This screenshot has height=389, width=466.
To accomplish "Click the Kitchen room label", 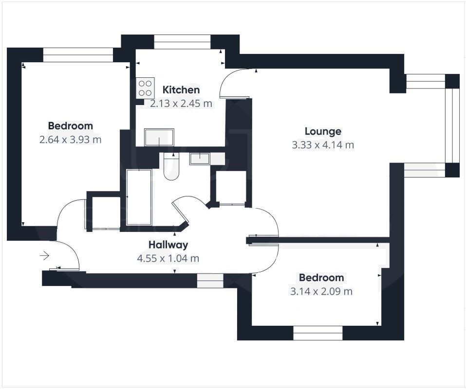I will click(x=181, y=90).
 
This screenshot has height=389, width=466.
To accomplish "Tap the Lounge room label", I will click(x=323, y=131).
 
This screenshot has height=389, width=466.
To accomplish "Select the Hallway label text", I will click(x=168, y=245).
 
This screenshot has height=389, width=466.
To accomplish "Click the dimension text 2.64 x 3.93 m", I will click(x=70, y=140).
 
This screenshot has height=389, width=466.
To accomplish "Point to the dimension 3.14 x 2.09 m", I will click(x=321, y=291).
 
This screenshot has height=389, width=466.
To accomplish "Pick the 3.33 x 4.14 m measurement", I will click(x=323, y=145).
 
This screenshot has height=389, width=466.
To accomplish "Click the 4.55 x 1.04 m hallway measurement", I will click(x=168, y=258).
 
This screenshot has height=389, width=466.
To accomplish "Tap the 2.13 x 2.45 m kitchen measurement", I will click(x=181, y=103).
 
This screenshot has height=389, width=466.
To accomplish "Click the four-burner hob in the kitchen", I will click(x=145, y=88).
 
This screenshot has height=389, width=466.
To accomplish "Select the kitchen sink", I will click(x=159, y=137).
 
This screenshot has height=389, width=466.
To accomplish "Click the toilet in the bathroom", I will click(x=171, y=166).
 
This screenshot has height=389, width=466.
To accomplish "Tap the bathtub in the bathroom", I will click(x=139, y=197).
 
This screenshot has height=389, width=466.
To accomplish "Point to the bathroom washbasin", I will click(x=200, y=158).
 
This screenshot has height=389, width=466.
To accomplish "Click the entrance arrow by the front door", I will click(x=44, y=255).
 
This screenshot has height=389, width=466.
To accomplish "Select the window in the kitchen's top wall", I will click(x=182, y=42).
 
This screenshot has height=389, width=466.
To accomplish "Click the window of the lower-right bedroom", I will click(x=318, y=333).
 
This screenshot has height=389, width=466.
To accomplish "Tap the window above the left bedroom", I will click(x=78, y=54).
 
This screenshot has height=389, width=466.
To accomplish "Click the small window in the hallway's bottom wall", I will click(x=210, y=280).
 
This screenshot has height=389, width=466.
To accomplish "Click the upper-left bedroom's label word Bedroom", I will click(x=70, y=126).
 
